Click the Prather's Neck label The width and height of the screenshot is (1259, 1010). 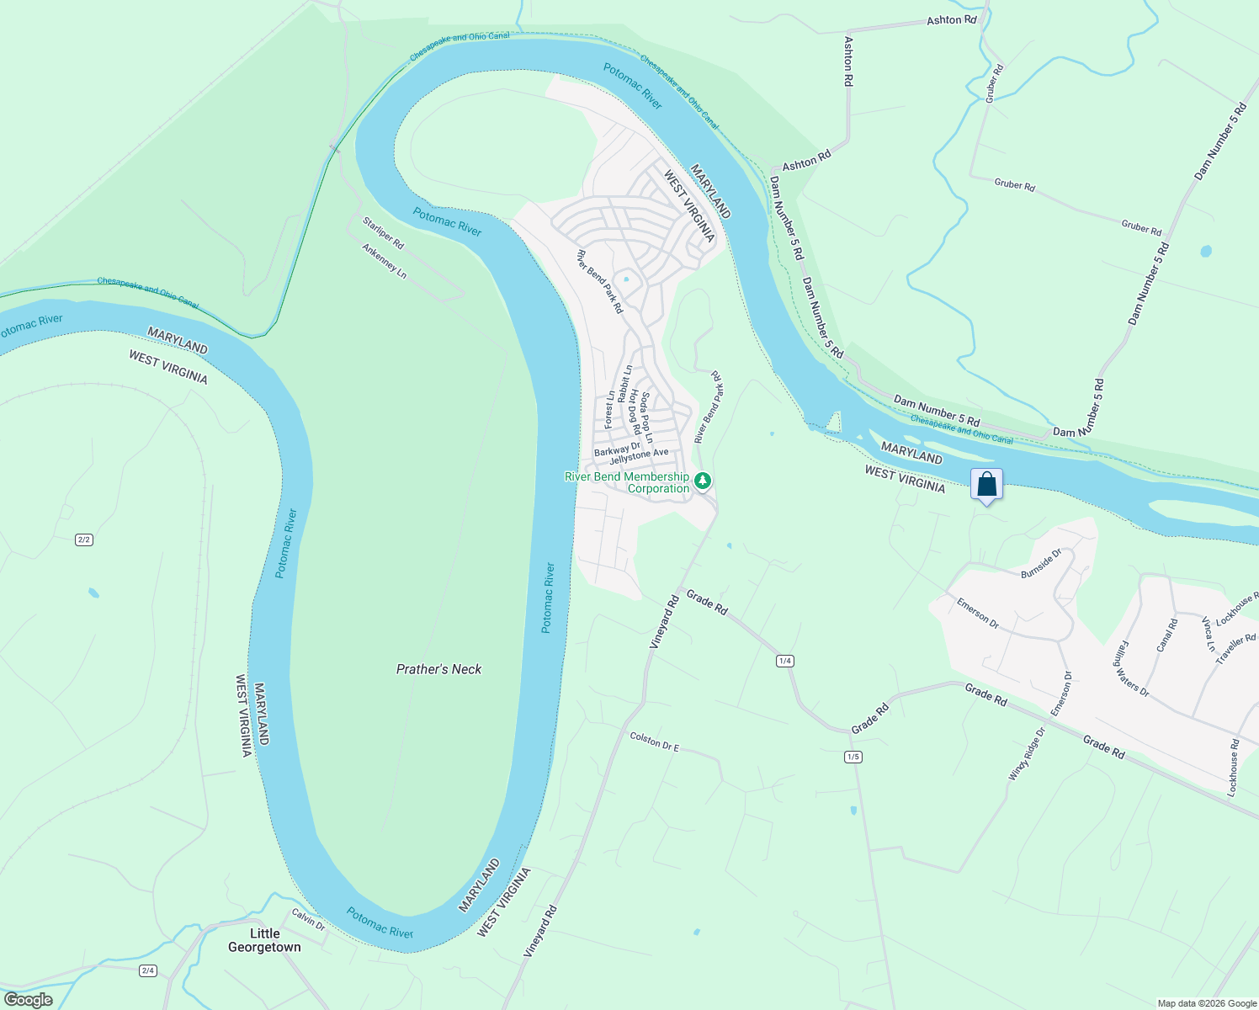point(438,669)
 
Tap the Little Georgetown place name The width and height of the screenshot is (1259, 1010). point(264,940)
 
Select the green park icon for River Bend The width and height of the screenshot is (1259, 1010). point(703,481)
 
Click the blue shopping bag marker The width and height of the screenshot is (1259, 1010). point(986,485)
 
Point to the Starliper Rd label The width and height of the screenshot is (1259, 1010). point(383,233)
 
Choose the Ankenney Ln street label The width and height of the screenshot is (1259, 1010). point(384,262)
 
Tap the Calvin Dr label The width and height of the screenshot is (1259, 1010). point(308,918)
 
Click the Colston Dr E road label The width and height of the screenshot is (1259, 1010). point(654,742)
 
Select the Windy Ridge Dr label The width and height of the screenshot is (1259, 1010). point(1027,753)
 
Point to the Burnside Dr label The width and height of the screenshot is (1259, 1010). point(1041,563)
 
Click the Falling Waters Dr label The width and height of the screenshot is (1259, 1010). point(1132,668)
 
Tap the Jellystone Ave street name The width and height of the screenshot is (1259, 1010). point(639,456)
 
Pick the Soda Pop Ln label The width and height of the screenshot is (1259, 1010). point(646,417)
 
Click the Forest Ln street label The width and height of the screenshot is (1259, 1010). point(609,410)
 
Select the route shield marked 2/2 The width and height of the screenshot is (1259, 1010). point(83,540)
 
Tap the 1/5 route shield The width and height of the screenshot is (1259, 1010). point(853,757)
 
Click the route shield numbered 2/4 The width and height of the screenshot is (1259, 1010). point(148,970)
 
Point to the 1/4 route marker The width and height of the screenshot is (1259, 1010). point(785,661)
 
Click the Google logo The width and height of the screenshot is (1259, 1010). point(28,1000)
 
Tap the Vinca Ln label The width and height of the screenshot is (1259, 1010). point(1209,634)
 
